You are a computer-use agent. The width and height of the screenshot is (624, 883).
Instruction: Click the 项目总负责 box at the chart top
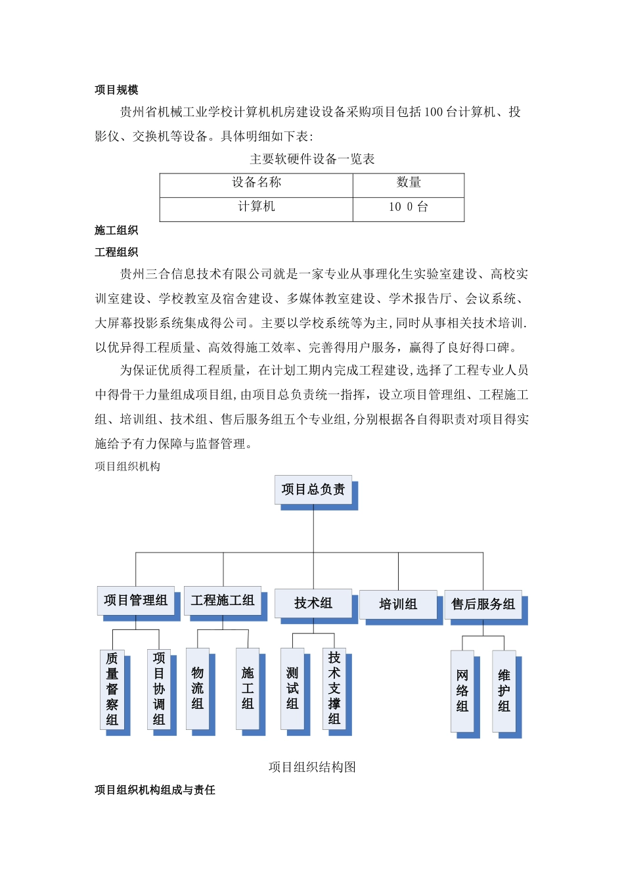pos(313,489)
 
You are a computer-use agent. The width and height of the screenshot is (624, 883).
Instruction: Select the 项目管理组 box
pos(136,600)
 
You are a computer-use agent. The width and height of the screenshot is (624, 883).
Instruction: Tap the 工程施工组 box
pos(223,600)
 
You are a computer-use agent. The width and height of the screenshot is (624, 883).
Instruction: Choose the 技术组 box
pos(313,603)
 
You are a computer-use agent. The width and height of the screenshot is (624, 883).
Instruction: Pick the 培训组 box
pos(398,604)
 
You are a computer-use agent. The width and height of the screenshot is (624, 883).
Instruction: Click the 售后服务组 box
pos(483,604)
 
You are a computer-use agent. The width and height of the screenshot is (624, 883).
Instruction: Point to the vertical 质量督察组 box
pos(112,689)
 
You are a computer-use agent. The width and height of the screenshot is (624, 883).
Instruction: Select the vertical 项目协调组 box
pos(159,689)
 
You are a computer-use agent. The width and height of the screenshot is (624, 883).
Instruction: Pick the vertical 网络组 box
pos(462,691)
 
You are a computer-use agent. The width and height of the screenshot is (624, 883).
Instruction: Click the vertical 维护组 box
pos(504,691)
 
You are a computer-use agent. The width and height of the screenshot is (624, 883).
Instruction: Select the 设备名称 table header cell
pos(256,183)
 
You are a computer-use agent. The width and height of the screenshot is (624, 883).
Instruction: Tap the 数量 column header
pos(409,183)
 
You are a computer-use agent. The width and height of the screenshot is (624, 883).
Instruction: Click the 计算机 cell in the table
pos(256,207)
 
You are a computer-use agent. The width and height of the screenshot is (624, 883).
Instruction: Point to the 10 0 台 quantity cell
pos(409,207)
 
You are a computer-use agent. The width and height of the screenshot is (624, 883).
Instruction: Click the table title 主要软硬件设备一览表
pos(312,159)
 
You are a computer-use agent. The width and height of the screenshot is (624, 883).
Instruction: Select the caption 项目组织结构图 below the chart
pos(312,767)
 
